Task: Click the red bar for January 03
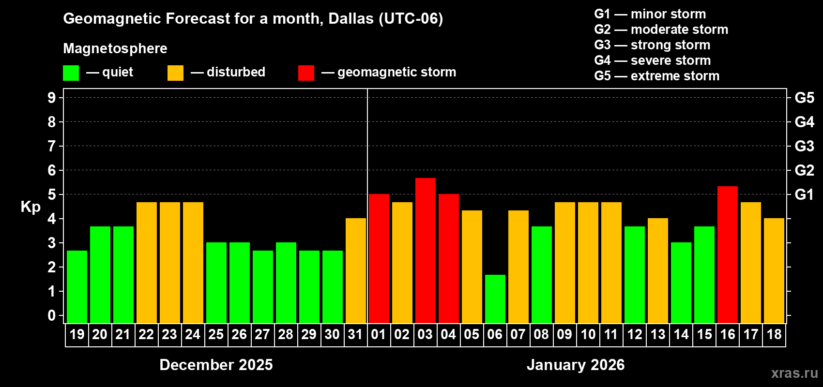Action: pyautogui.click(x=426, y=251)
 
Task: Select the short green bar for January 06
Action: pyautogui.click(x=495, y=299)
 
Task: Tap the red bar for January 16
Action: pyautogui.click(x=728, y=254)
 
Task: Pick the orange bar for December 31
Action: pyautogui.click(x=356, y=270)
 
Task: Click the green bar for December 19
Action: pyautogui.click(x=77, y=287)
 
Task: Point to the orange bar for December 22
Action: pyautogui.click(x=147, y=263)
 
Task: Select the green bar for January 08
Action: pyautogui.click(x=542, y=275)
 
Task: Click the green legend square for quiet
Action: pyautogui.click(x=71, y=73)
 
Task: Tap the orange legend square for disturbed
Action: pyautogui.click(x=175, y=73)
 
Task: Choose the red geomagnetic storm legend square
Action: pyautogui.click(x=306, y=73)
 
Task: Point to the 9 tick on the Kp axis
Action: pyautogui.click(x=52, y=98)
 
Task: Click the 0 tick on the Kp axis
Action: pyautogui.click(x=52, y=316)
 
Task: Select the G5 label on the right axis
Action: pyautogui.click(x=804, y=98)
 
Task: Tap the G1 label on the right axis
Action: pyautogui.click(x=804, y=194)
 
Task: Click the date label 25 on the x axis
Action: pyautogui.click(x=216, y=334)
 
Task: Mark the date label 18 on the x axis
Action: pyautogui.click(x=774, y=334)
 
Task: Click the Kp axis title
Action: pyautogui.click(x=30, y=207)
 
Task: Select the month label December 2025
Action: pyautogui.click(x=216, y=365)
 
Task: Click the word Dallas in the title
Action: pyautogui.click(x=351, y=18)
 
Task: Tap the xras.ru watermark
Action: pyautogui.click(x=794, y=373)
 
